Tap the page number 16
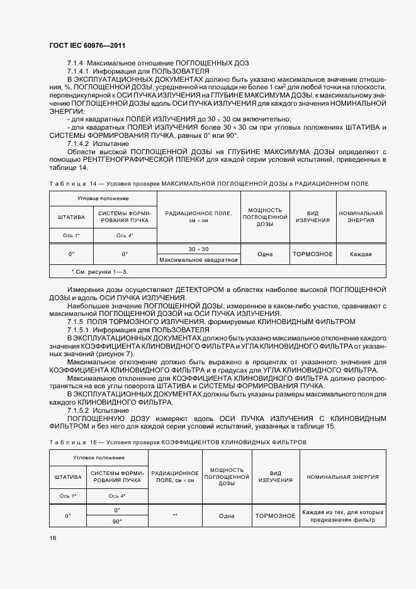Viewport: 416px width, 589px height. click(53, 538)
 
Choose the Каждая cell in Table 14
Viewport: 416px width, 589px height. click(361, 254)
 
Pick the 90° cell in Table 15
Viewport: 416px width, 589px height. click(117, 521)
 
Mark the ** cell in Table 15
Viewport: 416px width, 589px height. click(175, 515)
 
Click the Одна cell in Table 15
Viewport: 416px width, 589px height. click(227, 515)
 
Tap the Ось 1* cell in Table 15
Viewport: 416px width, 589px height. click(68, 496)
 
